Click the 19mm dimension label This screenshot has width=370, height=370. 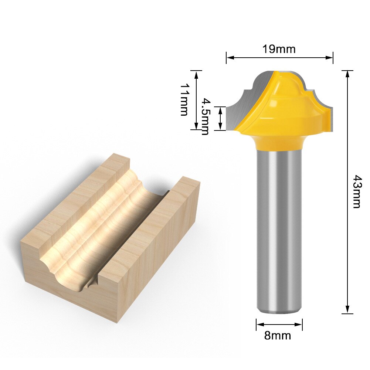coord(279,49)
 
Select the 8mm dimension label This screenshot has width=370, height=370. coord(278,336)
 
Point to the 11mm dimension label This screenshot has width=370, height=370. coord(184,99)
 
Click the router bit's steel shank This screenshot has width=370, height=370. coord(279,229)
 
